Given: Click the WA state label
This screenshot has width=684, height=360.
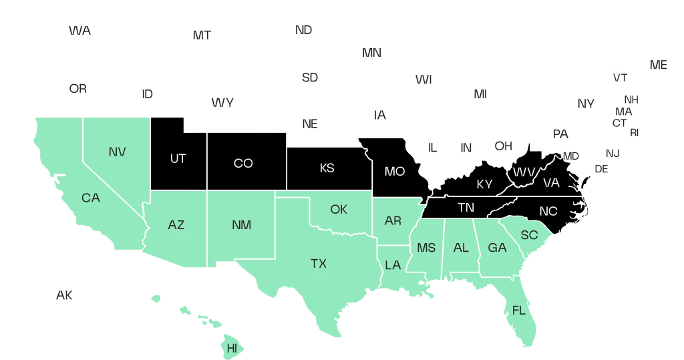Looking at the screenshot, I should [80, 31].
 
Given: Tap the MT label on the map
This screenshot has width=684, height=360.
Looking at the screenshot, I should [202, 35].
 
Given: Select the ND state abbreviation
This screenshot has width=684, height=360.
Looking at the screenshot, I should [303, 30].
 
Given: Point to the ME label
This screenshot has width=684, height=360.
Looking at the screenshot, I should [659, 65].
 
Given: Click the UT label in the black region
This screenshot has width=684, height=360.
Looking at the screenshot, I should [178, 158].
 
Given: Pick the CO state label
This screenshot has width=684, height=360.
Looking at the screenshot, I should [243, 163].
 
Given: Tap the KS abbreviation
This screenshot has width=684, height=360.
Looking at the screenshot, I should [327, 168].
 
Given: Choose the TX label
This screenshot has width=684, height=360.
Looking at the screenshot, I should [319, 263].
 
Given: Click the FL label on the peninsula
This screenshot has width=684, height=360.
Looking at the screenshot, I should [519, 311].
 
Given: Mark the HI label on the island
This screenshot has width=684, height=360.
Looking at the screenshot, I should [232, 348].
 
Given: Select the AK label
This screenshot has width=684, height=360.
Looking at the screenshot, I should [64, 295].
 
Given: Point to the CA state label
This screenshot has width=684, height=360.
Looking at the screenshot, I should [91, 198].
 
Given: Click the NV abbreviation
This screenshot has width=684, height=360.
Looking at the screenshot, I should [117, 152].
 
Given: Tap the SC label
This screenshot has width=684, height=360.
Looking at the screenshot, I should [529, 234].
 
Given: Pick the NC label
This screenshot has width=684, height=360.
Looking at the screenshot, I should [548, 211].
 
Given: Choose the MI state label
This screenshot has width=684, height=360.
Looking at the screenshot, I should [480, 94].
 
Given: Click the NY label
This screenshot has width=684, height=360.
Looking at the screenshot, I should [586, 104].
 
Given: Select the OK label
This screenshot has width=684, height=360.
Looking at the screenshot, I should [339, 210].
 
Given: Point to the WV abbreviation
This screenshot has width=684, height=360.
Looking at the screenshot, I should [524, 172].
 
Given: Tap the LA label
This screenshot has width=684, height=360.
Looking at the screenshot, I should [393, 265].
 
